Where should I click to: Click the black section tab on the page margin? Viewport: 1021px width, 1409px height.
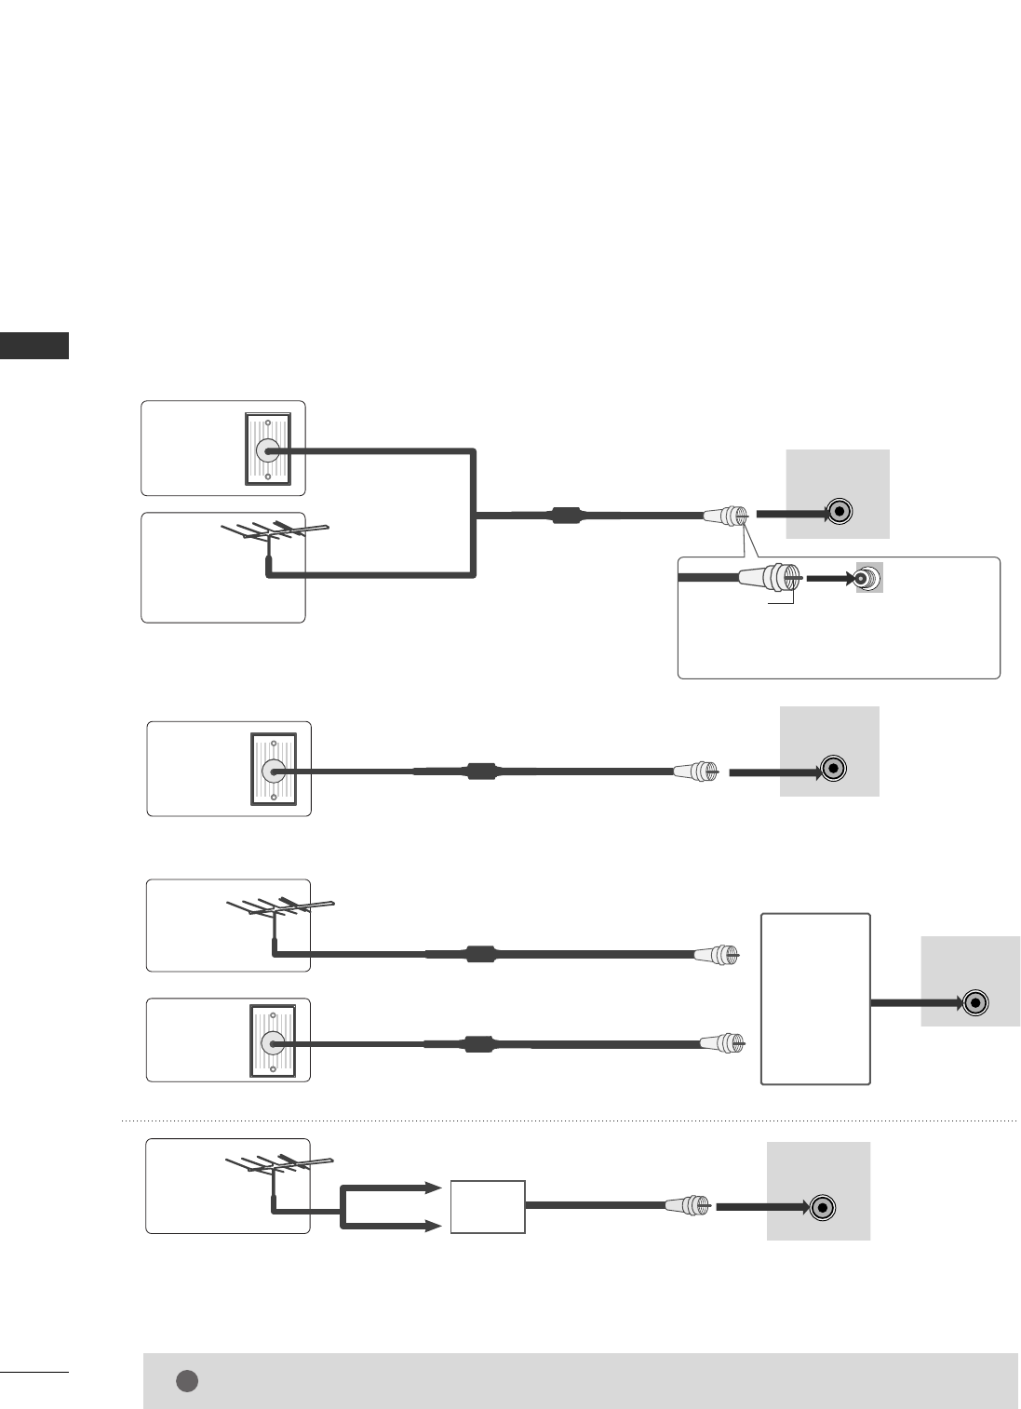tap(34, 345)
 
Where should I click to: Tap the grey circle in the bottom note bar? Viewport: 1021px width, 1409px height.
tap(187, 1380)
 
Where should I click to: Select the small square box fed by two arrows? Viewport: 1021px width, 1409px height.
tap(488, 1206)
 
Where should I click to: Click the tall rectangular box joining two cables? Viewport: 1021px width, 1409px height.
tap(815, 999)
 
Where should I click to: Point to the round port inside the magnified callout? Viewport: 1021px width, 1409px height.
tap(867, 578)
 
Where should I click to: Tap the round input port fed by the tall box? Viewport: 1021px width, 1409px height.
tap(974, 1002)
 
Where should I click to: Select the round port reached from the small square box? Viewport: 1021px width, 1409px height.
tap(821, 1208)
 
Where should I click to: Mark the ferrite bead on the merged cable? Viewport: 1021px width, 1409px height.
tap(566, 515)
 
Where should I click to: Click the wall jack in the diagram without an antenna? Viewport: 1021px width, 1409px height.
tap(274, 771)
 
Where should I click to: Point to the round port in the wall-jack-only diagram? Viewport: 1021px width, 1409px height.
tap(834, 770)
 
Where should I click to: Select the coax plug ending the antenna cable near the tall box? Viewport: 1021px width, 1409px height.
tap(718, 954)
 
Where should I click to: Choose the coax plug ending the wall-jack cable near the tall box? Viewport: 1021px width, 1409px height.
tap(722, 1042)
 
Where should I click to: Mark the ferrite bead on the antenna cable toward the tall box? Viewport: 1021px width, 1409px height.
tap(479, 954)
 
